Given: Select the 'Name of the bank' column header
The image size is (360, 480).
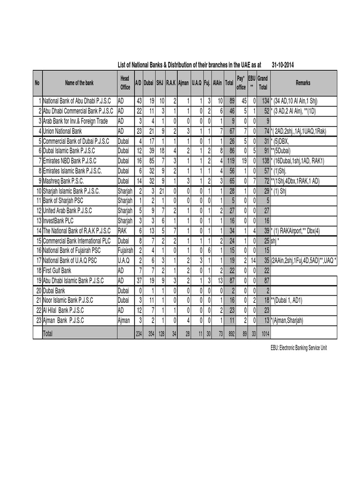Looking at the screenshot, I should (x=79, y=83).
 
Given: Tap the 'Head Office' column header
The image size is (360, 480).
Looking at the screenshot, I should (x=125, y=83).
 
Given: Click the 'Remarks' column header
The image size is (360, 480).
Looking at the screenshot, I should (x=303, y=83).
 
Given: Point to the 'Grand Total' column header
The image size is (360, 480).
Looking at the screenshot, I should (x=262, y=83).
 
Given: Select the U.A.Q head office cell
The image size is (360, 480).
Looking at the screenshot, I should (x=123, y=260).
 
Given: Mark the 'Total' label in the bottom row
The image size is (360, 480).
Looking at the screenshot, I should (x=48, y=333).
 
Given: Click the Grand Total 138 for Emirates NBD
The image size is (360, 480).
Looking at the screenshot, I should (x=265, y=160).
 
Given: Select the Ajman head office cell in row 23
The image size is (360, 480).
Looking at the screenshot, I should (x=124, y=320).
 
